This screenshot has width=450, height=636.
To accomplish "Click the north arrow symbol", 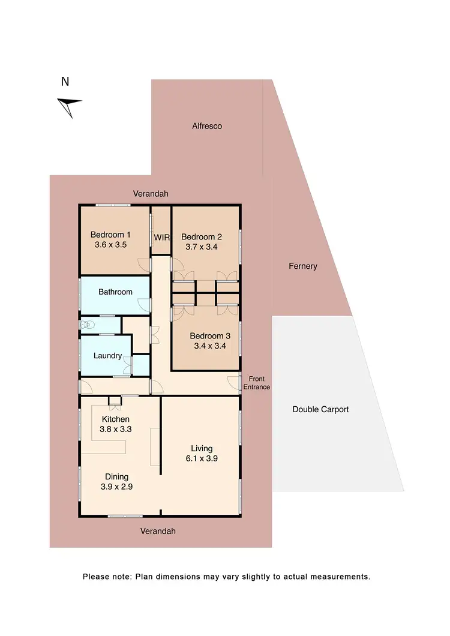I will click(x=69, y=106).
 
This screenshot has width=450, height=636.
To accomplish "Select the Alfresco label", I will click(x=207, y=126).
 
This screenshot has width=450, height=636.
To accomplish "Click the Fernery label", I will click(x=302, y=266).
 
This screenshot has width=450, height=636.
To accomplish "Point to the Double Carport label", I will click(x=320, y=409).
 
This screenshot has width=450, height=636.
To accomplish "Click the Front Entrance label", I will click(x=256, y=383).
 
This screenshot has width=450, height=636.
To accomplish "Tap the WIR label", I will click(x=162, y=238).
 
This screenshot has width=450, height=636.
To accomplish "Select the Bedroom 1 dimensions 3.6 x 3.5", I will click(x=110, y=244).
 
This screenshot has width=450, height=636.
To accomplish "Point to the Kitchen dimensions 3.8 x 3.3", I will click(x=116, y=429).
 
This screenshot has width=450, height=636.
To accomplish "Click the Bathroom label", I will click(x=115, y=292).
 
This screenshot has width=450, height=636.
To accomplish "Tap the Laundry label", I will click(x=108, y=356).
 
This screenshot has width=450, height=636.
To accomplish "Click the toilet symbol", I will click(x=88, y=325).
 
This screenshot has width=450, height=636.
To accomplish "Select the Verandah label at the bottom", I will click(x=158, y=531).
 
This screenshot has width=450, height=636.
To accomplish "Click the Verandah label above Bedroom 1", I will click(x=151, y=194).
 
